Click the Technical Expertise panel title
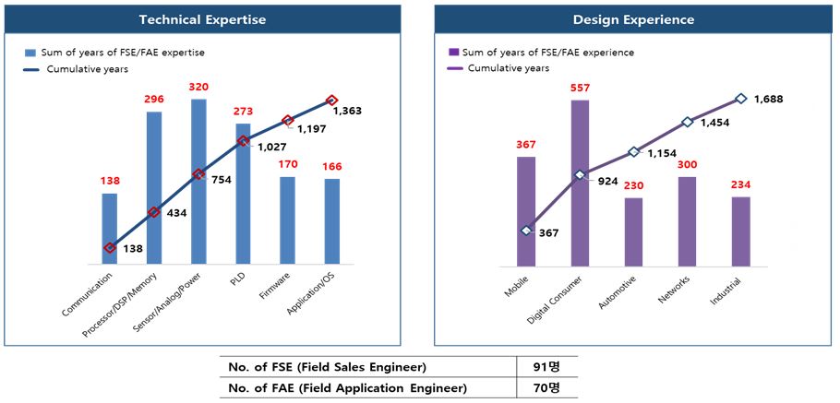tap(201, 19)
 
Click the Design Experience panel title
tap(632, 19)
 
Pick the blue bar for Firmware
tap(287, 220)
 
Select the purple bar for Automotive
tap(633, 231)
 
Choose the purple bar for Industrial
tap(740, 231)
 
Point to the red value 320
tap(198, 88)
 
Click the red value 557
tap(580, 89)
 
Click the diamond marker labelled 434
tap(154, 212)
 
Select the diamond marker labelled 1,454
tap(687, 122)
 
